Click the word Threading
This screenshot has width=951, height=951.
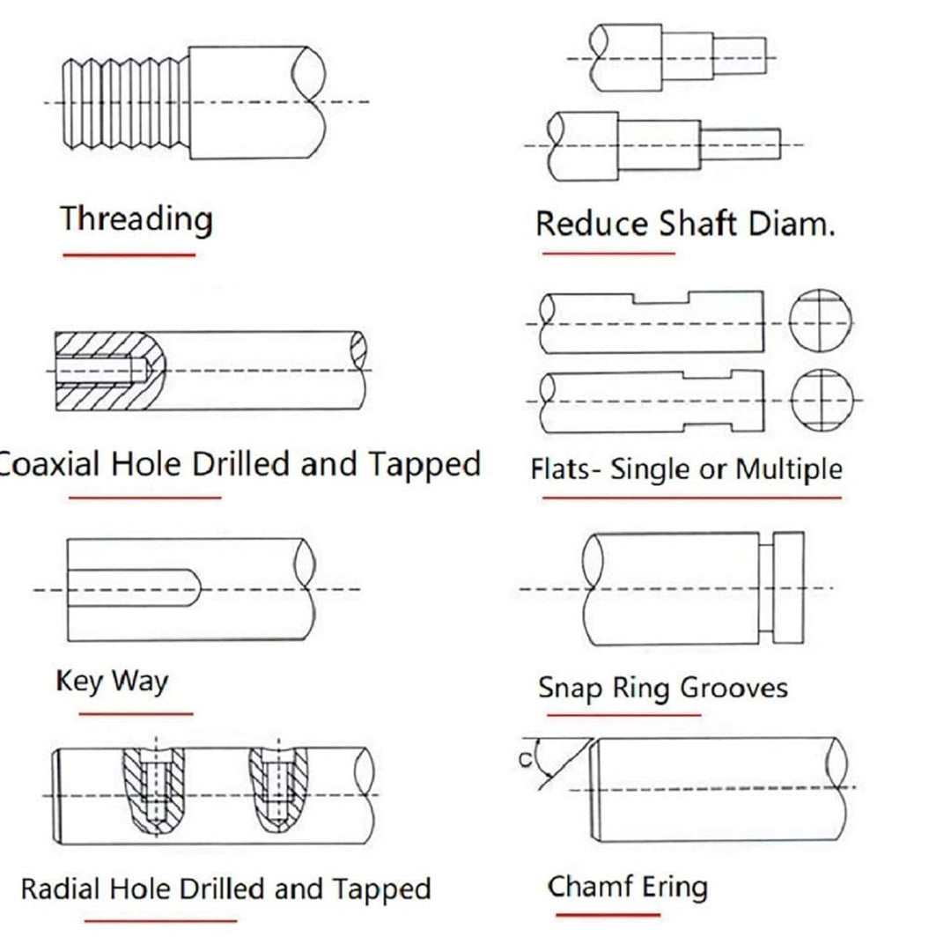[136, 219]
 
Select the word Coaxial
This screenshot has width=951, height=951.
[49, 464]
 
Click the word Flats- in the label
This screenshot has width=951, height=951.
[561, 468]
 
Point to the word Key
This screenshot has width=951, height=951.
[79, 681]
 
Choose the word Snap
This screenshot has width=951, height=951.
[571, 689]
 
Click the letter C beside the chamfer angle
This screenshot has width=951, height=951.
[525, 759]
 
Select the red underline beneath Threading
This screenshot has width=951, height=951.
[129, 254]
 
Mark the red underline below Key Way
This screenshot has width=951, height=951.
[136, 714]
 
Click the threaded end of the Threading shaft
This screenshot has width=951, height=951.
[126, 102]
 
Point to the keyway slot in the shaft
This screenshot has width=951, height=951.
[134, 587]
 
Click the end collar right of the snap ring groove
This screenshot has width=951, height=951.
[788, 587]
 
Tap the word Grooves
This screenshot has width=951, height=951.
[734, 689]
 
